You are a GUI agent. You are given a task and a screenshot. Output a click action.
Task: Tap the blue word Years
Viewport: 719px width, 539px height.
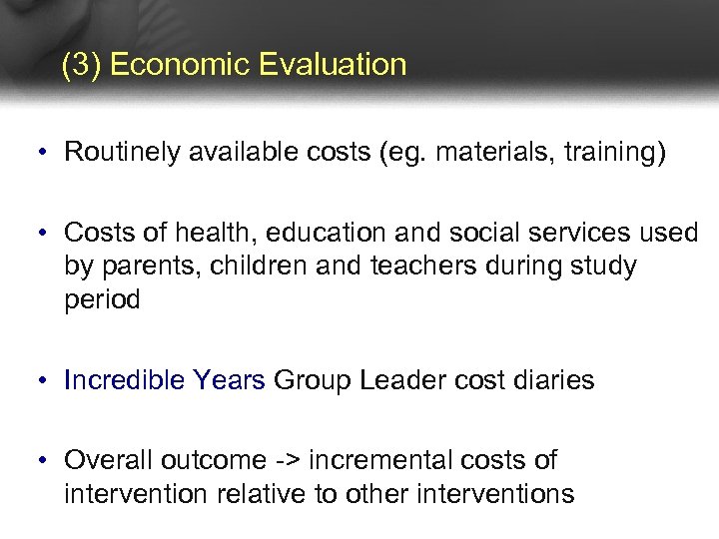[230, 380]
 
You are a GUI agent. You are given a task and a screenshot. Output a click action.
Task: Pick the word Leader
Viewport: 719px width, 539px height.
[399, 380]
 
